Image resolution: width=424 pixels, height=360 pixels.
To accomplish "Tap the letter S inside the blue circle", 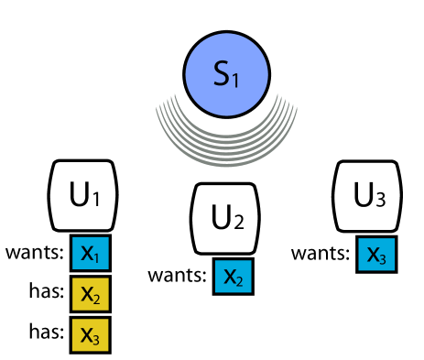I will point(222,74).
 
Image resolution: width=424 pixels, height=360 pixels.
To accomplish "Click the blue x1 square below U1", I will point(91,254).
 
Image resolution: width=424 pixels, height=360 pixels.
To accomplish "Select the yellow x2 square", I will point(91,294).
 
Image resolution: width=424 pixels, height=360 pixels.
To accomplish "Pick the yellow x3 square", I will point(91,334).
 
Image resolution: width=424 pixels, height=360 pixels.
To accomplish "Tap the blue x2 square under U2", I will point(233,277).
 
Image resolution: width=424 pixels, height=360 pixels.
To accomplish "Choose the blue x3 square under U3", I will point(375,255).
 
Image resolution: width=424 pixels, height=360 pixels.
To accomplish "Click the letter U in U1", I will point(78,194).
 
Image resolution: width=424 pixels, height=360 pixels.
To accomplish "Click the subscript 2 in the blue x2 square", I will point(239,280).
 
